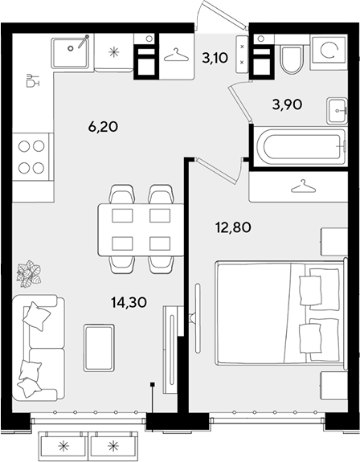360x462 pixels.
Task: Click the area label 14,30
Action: (129, 302)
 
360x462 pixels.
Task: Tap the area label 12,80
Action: (233, 227)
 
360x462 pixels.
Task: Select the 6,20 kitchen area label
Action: (103, 127)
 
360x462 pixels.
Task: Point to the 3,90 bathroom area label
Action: (287, 104)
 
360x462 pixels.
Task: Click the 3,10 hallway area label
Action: (215, 58)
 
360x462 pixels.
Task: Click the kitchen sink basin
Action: (70, 53)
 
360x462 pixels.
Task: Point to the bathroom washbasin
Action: (337, 111)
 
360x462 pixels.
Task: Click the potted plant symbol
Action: (29, 274)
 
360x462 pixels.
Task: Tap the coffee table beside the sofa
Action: (99, 348)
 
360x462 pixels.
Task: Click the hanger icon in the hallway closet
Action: (176, 55)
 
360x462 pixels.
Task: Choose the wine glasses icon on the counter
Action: (32, 80)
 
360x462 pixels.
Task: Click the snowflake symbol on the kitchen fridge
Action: (114, 52)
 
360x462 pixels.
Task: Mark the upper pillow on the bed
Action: (310, 290)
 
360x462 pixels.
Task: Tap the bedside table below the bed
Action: (334, 386)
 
